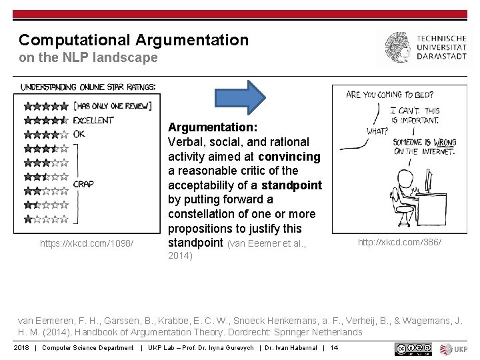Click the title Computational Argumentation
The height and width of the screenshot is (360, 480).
point(133,40)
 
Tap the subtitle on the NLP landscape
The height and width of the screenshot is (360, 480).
point(88,58)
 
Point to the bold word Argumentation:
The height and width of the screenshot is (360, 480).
point(213,127)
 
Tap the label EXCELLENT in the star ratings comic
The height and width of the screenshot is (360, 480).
point(94,121)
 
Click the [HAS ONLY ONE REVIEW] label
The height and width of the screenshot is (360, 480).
point(113,105)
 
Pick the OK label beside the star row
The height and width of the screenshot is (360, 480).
point(79,134)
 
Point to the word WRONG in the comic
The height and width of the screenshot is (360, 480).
point(444,142)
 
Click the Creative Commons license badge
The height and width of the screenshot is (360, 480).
point(413,348)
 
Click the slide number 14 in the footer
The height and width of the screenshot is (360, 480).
point(335,348)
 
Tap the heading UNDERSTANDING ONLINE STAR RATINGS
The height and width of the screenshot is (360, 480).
point(88,87)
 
